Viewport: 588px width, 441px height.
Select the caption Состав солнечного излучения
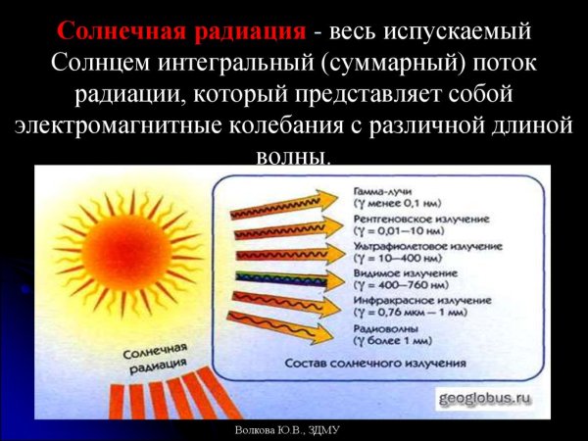pyautogui.click(x=373, y=364)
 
